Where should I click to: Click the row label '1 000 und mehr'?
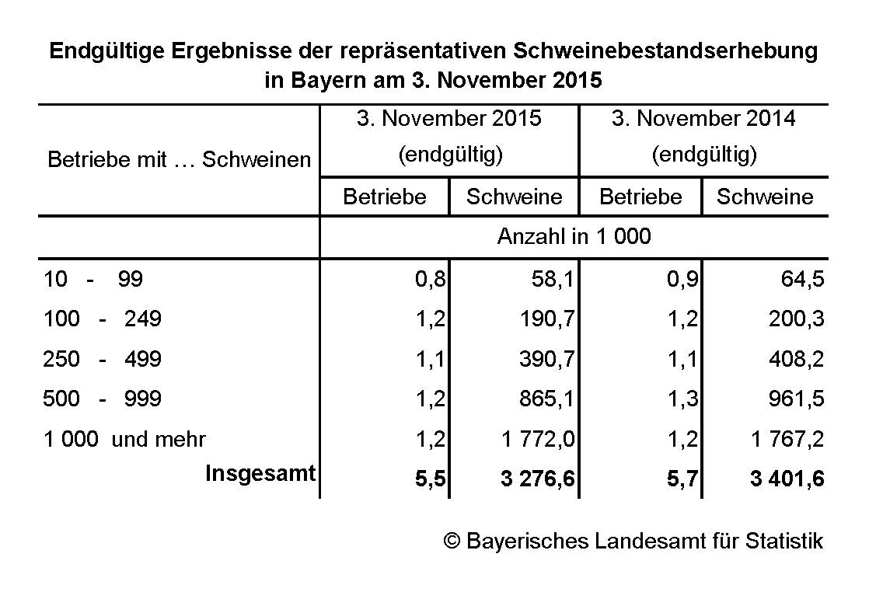[x=125, y=440]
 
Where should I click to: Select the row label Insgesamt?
[x=260, y=473]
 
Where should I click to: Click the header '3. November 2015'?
[x=449, y=119]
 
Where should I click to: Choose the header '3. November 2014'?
[x=703, y=119]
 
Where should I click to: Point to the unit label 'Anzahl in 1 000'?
[x=574, y=237]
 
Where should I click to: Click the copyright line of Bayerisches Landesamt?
[x=633, y=541]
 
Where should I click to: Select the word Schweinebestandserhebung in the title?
[x=665, y=52]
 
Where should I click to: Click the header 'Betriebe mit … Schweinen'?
[x=179, y=160]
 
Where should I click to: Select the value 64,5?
[x=803, y=280]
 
